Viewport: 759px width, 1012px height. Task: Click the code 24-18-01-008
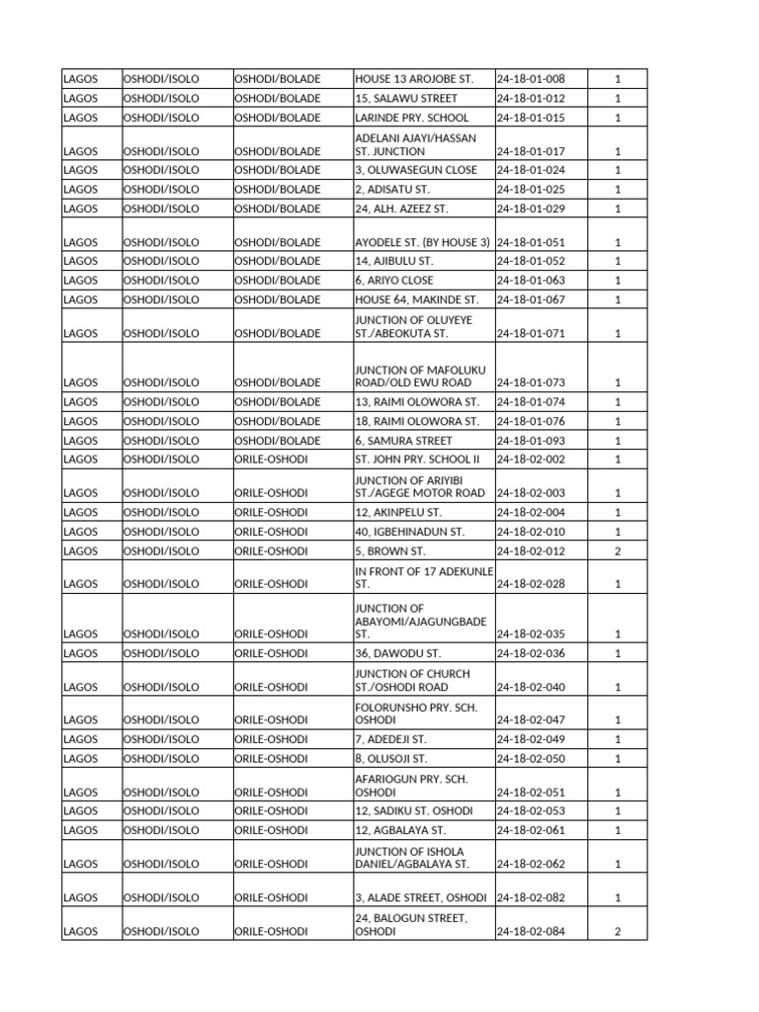click(x=530, y=79)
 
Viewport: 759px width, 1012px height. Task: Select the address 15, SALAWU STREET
click(x=405, y=99)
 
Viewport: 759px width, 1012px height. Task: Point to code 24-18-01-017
click(x=530, y=152)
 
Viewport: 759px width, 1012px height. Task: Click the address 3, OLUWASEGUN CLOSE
click(x=415, y=170)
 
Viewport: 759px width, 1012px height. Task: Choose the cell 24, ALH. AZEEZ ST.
click(x=401, y=209)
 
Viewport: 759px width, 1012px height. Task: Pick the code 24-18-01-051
click(x=530, y=242)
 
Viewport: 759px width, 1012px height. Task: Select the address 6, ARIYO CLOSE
click(x=393, y=281)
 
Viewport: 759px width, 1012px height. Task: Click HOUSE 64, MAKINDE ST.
click(x=415, y=299)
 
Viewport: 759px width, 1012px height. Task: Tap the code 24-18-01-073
click(x=530, y=382)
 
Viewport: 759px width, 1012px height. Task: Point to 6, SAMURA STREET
click(x=403, y=441)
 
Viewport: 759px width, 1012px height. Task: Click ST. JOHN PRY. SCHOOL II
click(x=416, y=460)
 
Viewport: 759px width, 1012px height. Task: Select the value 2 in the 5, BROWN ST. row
click(x=617, y=551)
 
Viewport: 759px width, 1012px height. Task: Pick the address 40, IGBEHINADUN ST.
click(x=408, y=532)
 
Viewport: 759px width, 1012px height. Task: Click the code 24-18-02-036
click(x=530, y=653)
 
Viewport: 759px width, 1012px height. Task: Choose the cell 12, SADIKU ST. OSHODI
click(x=411, y=811)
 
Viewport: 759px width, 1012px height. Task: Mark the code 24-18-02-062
click(x=530, y=865)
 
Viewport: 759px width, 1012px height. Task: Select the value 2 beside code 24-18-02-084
click(x=617, y=932)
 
